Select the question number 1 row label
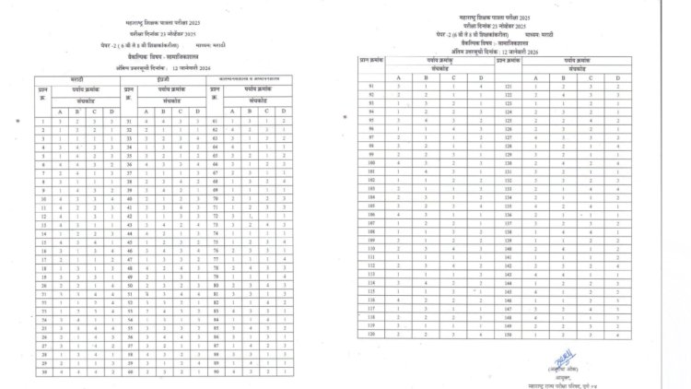(43, 120)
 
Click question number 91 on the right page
(370, 86)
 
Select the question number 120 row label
(370, 335)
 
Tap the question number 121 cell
(508, 86)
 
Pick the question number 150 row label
(508, 335)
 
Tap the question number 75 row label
(217, 242)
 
